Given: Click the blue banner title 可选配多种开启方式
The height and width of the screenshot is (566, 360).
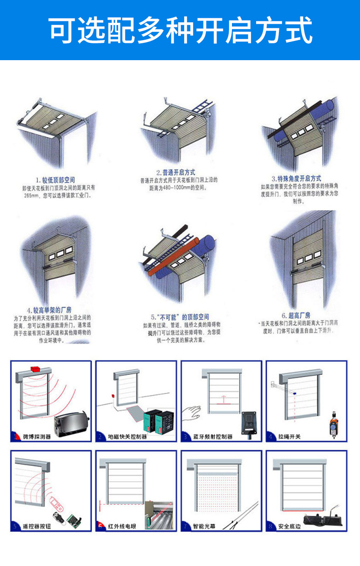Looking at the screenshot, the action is (180, 30).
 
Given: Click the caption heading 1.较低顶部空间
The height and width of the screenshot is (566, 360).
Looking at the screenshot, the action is (55, 180).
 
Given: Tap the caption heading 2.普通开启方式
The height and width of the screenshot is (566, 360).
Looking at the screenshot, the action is (175, 173).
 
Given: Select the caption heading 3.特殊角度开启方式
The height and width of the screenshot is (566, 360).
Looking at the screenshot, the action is (296, 178).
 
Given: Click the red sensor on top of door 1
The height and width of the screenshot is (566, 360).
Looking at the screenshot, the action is (35, 368).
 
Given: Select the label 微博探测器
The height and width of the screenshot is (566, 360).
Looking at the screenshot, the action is (37, 437).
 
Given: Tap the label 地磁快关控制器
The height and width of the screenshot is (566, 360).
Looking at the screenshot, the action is (127, 437).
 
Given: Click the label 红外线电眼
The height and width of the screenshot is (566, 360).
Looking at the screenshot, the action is (122, 526).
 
